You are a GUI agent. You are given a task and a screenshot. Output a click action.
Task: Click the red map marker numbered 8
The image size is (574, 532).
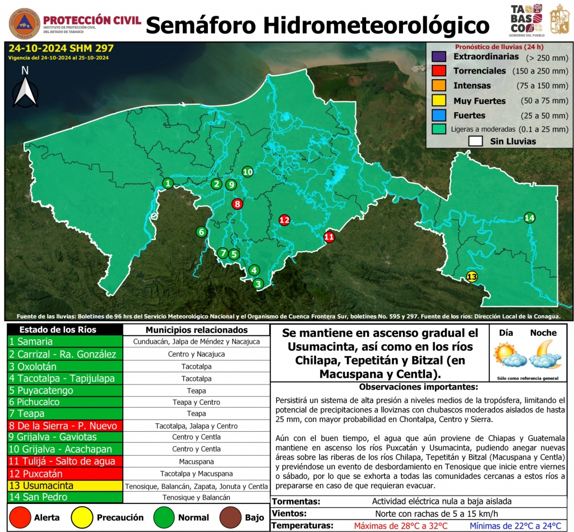238,204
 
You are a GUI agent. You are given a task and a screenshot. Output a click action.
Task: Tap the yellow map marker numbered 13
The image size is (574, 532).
472,276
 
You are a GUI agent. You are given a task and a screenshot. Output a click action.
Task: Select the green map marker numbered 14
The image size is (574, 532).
530,218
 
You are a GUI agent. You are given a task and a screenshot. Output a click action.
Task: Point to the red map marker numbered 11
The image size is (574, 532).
329,237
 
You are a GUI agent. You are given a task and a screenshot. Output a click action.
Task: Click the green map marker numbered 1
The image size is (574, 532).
168,183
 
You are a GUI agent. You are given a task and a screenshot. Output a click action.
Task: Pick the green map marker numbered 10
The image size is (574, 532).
247,172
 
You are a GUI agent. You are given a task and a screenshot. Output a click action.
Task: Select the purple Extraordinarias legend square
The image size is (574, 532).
439,57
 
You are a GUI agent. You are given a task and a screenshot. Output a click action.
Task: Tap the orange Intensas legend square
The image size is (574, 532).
439,86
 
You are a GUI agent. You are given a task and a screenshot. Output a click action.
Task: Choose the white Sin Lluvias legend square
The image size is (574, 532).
475,141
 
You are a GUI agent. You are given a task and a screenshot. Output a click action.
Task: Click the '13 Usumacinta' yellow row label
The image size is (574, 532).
65,485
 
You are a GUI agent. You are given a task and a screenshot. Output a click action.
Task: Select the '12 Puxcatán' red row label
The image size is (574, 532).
65,473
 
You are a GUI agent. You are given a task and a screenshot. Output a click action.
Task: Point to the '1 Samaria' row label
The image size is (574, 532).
65,341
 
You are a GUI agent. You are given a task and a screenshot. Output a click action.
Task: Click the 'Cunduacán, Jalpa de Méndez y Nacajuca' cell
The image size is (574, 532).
196,341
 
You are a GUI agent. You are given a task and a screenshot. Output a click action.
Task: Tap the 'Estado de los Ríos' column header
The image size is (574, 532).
65,330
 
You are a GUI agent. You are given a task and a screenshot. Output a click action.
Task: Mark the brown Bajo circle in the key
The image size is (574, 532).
228,517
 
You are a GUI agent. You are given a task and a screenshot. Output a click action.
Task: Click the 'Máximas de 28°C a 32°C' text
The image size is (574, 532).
401,526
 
